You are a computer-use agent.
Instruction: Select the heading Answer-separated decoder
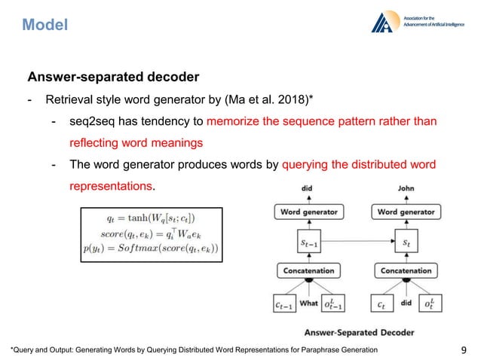pyautogui.click(x=113, y=77)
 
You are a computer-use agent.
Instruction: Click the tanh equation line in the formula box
pyautogui.click(x=149, y=217)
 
